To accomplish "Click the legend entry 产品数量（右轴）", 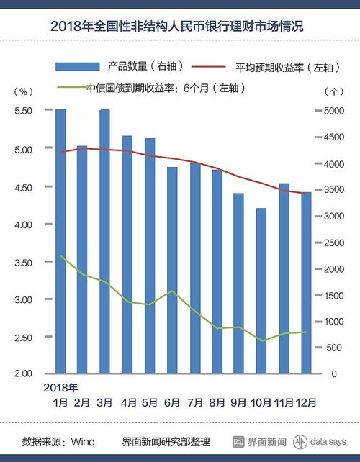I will tap(122, 66).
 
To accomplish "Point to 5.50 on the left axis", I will tap(24, 111).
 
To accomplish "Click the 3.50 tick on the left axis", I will tap(24, 263).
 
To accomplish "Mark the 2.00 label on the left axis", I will tap(24, 374).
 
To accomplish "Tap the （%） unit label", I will tap(23, 91).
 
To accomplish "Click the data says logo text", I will tap(333, 440).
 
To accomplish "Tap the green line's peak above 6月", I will tap(172, 291).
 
